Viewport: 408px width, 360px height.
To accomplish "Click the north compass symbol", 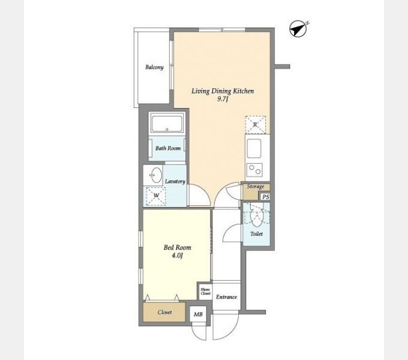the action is click(x=298, y=29).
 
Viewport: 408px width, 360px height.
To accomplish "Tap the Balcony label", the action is click(x=154, y=67).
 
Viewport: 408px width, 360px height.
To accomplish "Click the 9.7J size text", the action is click(x=223, y=99).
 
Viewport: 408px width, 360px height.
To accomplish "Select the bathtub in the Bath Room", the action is click(x=167, y=124).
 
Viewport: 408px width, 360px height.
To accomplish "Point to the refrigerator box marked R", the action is click(x=256, y=125).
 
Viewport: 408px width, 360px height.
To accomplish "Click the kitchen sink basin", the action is click(x=254, y=148).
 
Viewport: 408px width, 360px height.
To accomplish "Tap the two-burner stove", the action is click(x=254, y=170).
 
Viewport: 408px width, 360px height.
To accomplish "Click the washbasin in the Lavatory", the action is click(x=156, y=175).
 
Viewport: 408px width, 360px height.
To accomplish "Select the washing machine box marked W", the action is click(x=156, y=196).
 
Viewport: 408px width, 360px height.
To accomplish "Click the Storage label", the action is click(x=255, y=186).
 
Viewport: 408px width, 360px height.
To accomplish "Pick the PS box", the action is click(x=265, y=197).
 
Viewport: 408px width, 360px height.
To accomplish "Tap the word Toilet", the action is click(x=257, y=234).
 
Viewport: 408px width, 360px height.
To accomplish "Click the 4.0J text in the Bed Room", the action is click(x=177, y=256).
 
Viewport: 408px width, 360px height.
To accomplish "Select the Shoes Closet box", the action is click(x=206, y=292).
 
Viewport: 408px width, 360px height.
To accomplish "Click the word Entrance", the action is click(x=226, y=297).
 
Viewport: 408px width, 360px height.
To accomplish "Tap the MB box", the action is click(x=198, y=314).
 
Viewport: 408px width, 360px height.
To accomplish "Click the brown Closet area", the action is click(x=164, y=312).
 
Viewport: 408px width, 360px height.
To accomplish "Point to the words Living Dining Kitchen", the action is click(x=223, y=91).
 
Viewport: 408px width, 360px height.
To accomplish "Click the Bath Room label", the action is click(x=168, y=148).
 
